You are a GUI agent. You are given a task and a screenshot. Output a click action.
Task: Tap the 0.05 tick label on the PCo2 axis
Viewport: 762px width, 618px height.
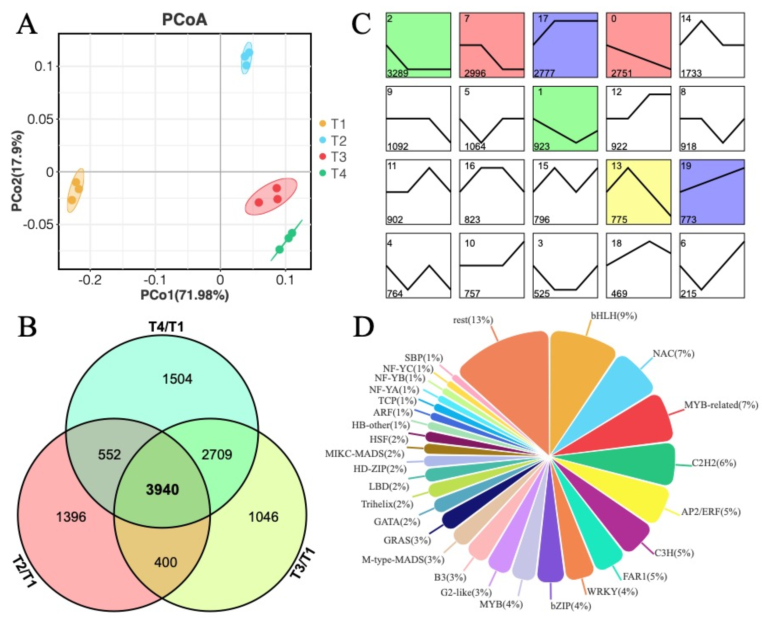pyautogui.click(x=41, y=119)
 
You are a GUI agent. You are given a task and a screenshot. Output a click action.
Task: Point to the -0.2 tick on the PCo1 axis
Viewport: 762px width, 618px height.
pyautogui.click(x=90, y=280)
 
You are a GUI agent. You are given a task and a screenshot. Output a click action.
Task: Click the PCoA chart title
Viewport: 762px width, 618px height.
pyautogui.click(x=184, y=20)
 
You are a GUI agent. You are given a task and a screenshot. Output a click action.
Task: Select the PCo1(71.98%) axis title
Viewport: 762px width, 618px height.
pyautogui.click(x=185, y=295)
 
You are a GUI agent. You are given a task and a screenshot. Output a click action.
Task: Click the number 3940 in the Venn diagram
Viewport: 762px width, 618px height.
pyautogui.click(x=162, y=490)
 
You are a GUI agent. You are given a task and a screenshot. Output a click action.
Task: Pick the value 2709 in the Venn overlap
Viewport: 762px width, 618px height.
pyautogui.click(x=217, y=455)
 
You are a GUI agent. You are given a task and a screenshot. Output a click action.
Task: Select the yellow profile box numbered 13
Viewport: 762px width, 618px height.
pyautogui.click(x=638, y=192)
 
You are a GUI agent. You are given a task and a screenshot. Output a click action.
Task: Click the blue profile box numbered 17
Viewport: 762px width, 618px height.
pyautogui.click(x=565, y=45)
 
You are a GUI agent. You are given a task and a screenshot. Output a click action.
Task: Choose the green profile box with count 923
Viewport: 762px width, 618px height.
pyautogui.click(x=565, y=118)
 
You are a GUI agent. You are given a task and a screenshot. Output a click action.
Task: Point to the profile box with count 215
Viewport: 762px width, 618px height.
pyautogui.click(x=712, y=265)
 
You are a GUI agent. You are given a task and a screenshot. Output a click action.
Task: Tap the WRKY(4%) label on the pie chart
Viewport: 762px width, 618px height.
pyautogui.click(x=612, y=592)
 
